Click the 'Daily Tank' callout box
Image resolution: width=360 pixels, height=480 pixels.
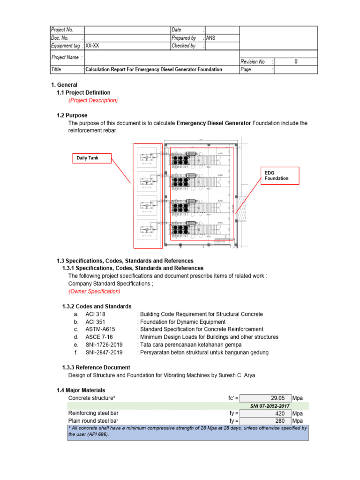tap(88, 158)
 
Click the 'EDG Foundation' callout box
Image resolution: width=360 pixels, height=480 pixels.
tap(277, 175)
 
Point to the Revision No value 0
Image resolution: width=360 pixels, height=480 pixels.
tap(296, 61)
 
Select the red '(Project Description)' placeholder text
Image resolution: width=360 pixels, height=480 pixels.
tap(93, 100)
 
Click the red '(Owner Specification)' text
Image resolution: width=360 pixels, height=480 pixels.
tap(94, 292)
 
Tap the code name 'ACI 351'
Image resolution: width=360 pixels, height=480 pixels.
tap(95, 322)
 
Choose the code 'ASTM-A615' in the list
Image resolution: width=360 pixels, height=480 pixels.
tap(100, 330)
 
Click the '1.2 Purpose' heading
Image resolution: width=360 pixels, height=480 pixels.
tap(72, 115)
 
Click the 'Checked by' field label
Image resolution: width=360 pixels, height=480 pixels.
tap(183, 46)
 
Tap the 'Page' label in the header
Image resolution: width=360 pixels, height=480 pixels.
tap(246, 69)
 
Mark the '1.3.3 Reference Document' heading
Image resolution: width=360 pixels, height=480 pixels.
tap(96, 367)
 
